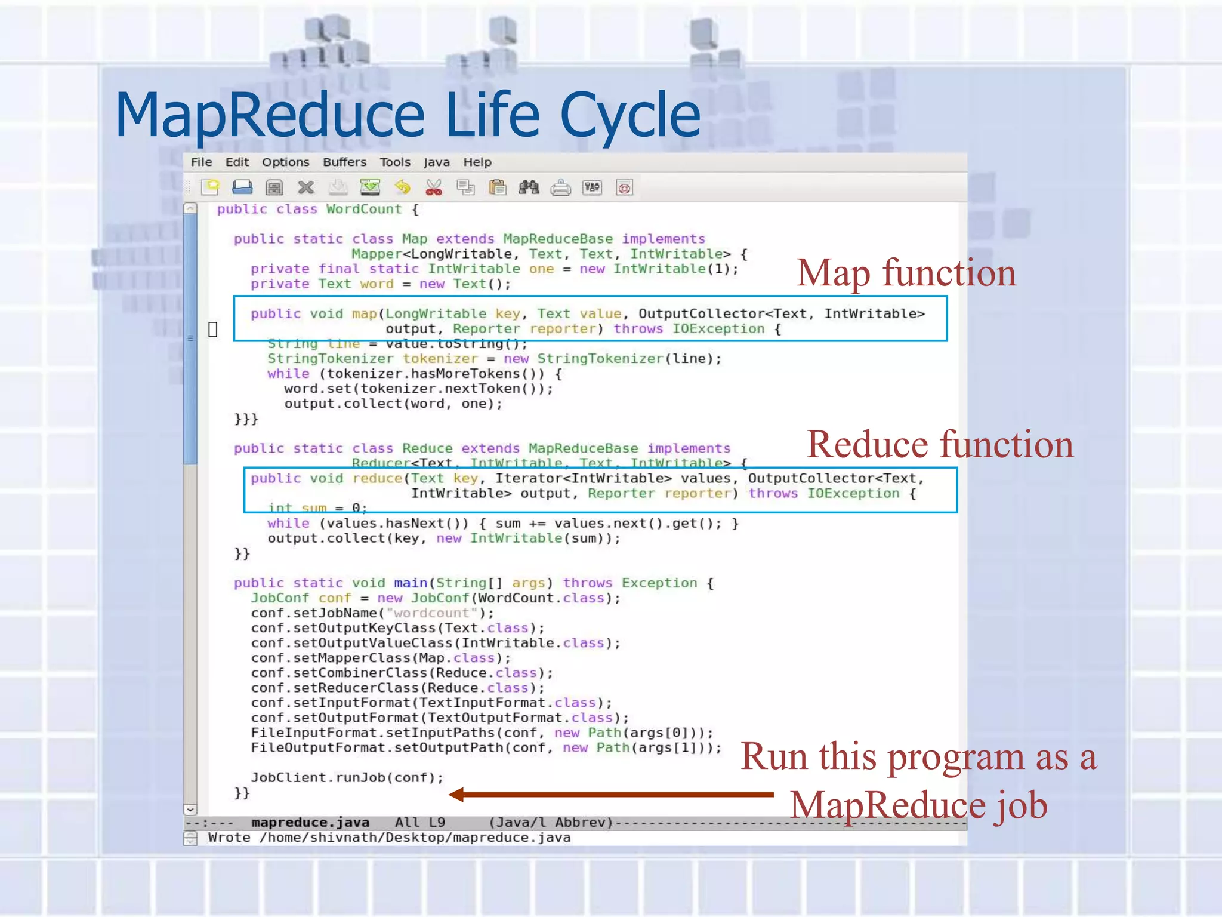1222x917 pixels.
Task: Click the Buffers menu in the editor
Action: [344, 162]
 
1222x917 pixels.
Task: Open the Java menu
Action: [436, 162]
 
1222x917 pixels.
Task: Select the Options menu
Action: [285, 162]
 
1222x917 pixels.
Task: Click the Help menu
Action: [477, 162]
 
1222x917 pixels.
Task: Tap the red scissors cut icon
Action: [434, 188]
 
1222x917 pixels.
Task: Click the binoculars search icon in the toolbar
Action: [529, 188]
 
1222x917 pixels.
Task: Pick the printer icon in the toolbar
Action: [560, 188]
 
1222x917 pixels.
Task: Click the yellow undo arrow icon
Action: [403, 188]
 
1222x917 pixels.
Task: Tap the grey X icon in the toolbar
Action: [306, 188]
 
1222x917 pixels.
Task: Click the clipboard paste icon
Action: [497, 188]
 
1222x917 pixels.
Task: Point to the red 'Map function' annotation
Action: [906, 273]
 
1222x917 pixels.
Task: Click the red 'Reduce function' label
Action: [940, 445]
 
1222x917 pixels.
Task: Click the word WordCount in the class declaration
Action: [363, 210]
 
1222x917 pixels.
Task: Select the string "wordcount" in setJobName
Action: [432, 613]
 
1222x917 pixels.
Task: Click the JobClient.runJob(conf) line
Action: [347, 778]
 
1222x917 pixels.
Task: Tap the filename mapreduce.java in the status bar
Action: [310, 823]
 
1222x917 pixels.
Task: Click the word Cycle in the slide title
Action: [630, 115]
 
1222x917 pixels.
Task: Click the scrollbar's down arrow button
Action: [190, 810]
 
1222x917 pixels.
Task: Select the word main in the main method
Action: [411, 583]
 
